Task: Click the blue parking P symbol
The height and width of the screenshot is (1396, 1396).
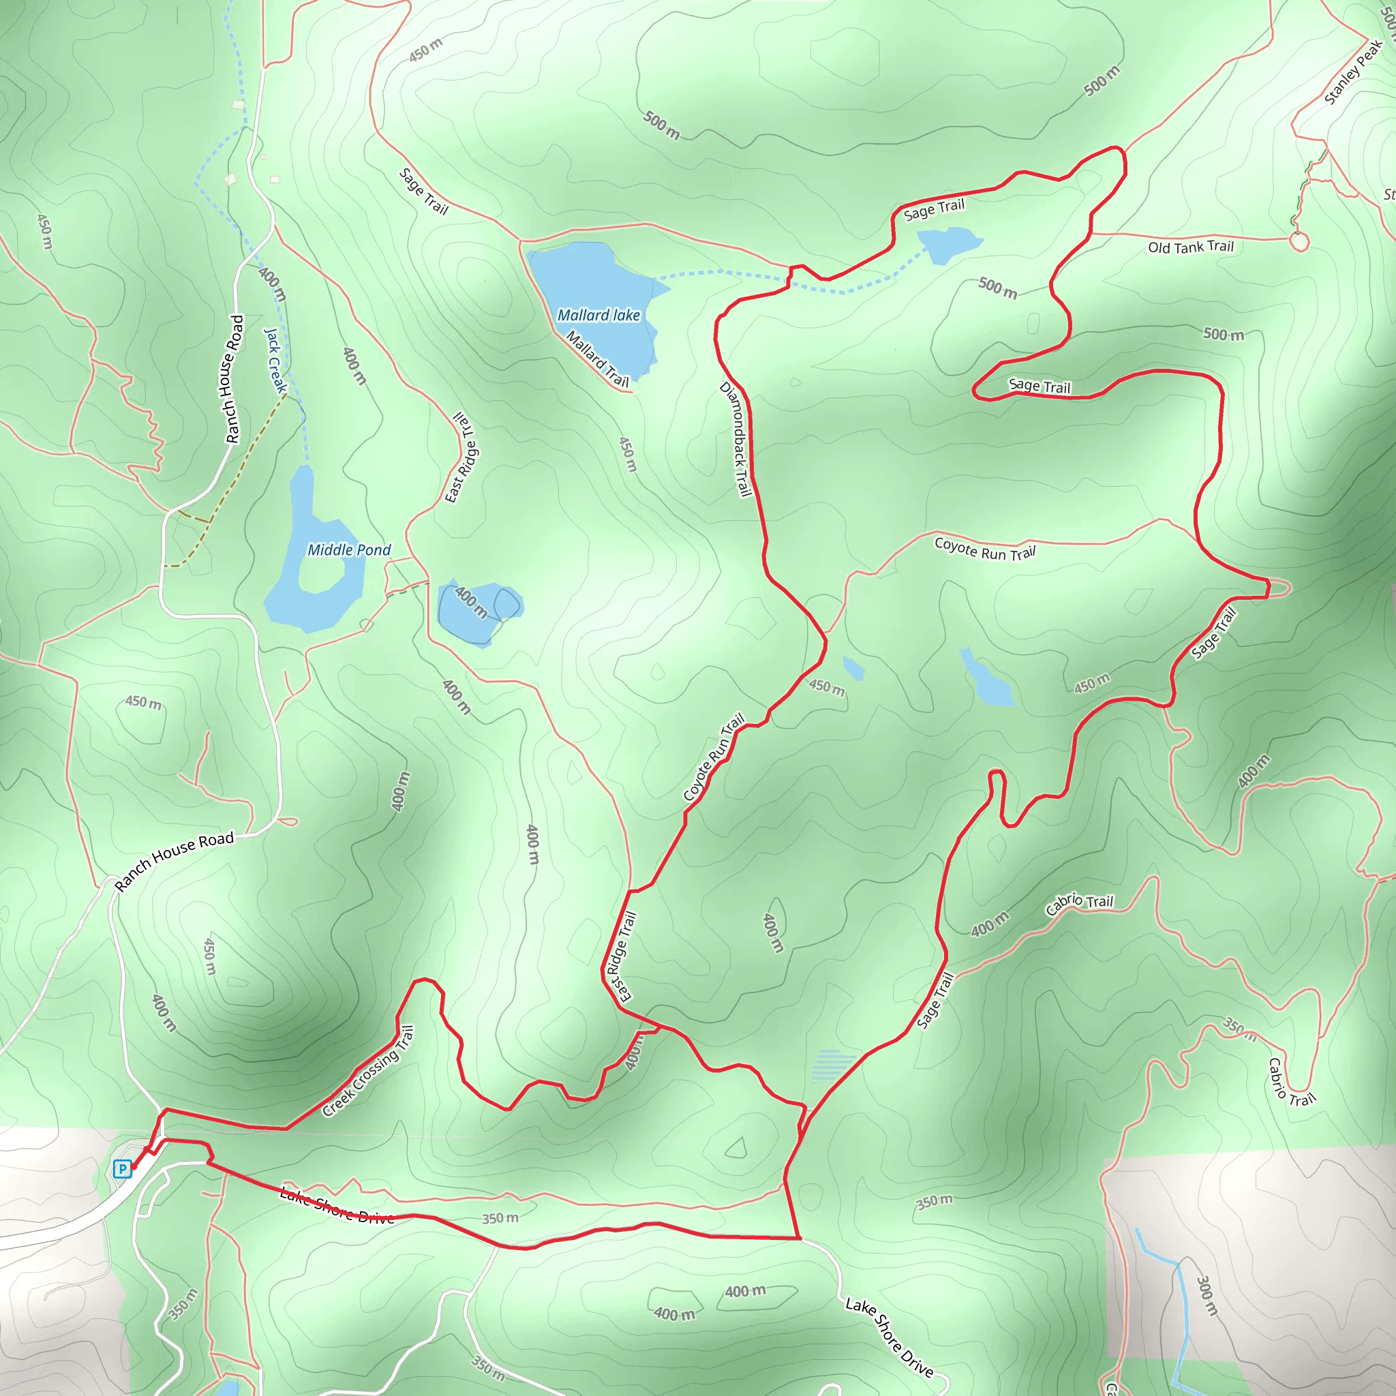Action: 122,1168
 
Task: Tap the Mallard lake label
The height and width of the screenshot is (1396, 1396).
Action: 598,316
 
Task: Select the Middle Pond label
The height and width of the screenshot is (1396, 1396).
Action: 349,550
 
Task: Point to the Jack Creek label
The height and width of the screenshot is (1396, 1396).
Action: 275,361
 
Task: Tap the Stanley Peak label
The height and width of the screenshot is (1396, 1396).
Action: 1352,73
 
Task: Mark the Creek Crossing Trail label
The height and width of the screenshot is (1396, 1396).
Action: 368,1072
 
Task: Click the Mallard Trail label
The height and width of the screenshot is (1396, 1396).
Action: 597,359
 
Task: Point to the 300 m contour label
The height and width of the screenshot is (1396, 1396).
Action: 1207,1296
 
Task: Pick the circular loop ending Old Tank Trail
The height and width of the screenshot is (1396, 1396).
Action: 1299,241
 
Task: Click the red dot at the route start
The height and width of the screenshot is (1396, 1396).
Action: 134,1166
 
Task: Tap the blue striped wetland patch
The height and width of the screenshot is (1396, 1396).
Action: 833,1066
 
